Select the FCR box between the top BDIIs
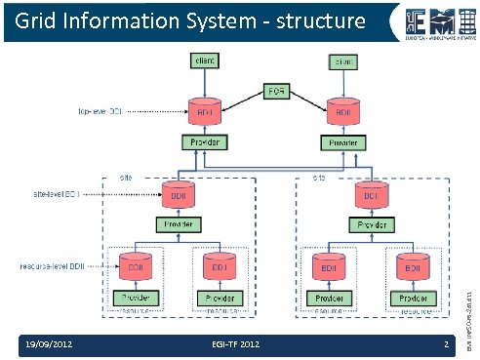pos(275,93)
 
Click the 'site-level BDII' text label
pos(60,195)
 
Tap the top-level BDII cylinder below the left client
pos(204,110)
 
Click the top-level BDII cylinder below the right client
pos(343,110)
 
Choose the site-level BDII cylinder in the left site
pos(178,194)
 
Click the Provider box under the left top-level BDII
pos(204,142)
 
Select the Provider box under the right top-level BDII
pos(343,142)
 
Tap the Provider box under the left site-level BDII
pos(178,225)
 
